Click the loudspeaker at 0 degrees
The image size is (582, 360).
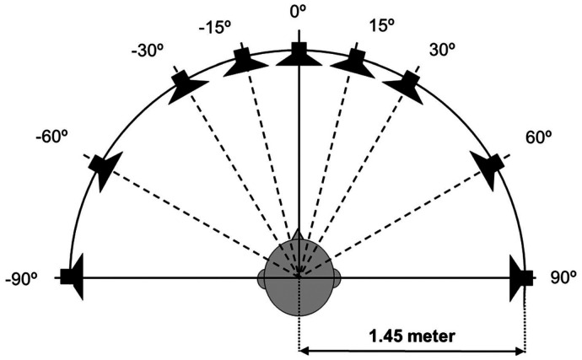coord(298,55)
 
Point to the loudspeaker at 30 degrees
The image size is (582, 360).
coord(407,85)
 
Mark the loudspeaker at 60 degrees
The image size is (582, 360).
coord(491,167)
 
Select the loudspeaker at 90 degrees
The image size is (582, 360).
coord(520,277)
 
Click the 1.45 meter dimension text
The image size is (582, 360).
coord(412,334)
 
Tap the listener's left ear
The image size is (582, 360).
coord(261,277)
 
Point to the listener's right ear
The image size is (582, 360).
coord(336,277)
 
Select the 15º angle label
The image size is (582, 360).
coord(381,28)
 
